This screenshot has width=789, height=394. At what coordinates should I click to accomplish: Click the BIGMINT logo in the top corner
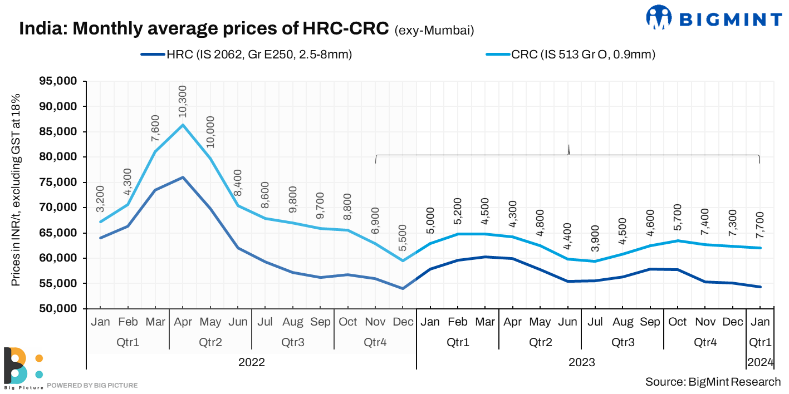click(714, 18)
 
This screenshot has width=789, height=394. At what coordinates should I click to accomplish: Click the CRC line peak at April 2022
click(183, 125)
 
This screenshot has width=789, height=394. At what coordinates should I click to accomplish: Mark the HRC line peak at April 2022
click(183, 178)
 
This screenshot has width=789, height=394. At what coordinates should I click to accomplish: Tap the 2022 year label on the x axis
click(252, 362)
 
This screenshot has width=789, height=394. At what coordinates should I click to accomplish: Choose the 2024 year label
click(761, 362)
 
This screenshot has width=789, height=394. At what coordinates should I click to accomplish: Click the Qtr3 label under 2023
click(623, 342)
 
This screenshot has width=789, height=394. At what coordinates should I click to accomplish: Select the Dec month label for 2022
click(403, 322)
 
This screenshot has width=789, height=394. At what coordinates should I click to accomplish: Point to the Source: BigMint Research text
click(713, 382)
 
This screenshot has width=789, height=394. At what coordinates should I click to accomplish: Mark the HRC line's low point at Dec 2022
click(403, 288)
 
